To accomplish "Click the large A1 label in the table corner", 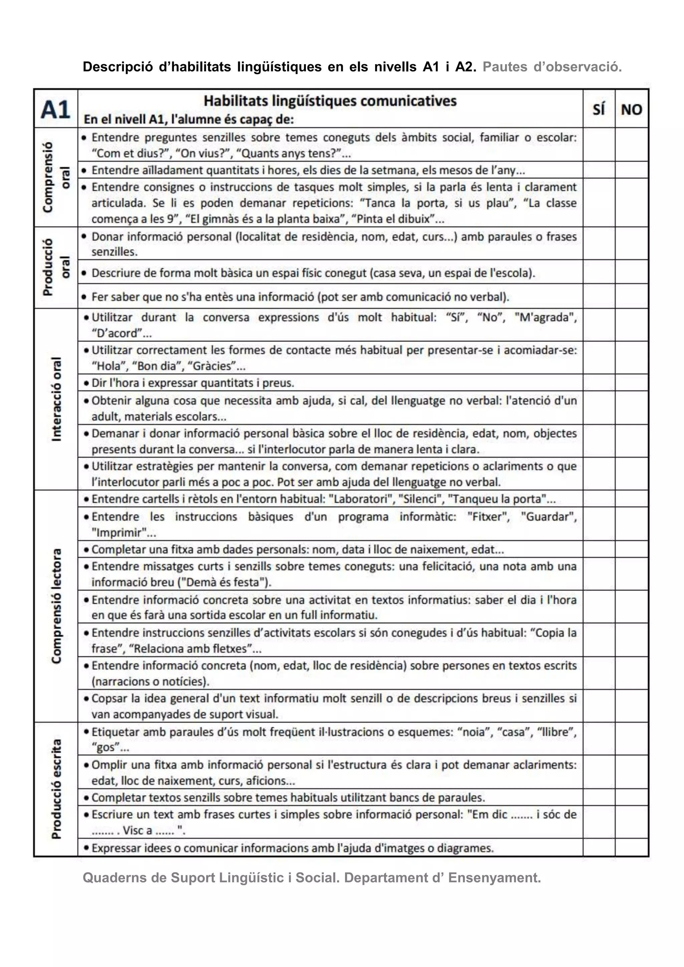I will tap(55, 110).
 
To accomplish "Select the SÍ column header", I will tap(598, 110).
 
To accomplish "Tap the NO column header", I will tap(631, 110).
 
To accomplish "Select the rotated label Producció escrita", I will tap(56, 789).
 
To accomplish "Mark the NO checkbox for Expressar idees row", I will tap(631, 848).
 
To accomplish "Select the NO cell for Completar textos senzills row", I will tap(631, 798).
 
